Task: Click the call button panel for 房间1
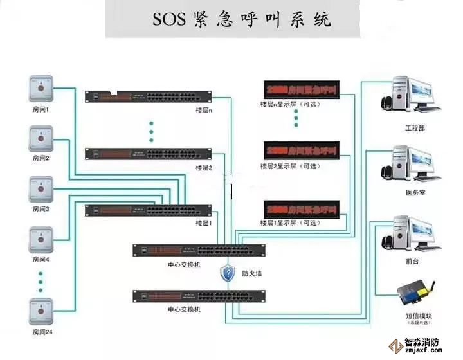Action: pos(41,88)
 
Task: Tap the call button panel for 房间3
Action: pos(41,189)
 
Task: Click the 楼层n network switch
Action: pos(148,98)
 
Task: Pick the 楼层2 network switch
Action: pos(148,154)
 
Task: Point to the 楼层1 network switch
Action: pos(148,210)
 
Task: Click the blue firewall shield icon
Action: pos(228,273)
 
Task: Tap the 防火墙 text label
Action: pos(252,273)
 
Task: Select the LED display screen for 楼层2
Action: pos(301,150)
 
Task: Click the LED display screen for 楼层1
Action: pos(301,210)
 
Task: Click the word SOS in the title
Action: pos(169,19)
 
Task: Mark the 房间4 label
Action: pos(41,260)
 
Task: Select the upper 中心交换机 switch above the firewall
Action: pos(199,250)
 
